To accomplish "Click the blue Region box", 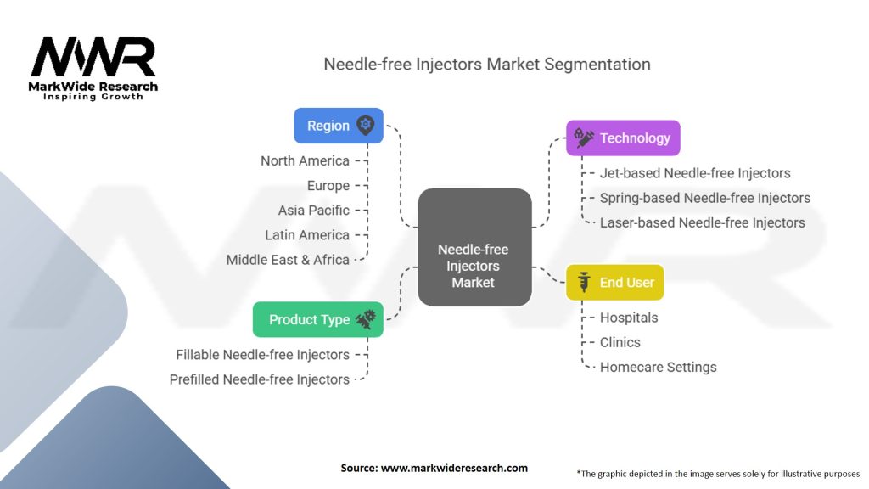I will tap(338, 126).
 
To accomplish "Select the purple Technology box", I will tap(623, 138).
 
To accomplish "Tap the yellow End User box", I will tap(614, 283).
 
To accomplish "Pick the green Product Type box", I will tap(317, 320).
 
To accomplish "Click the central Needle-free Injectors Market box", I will tap(473, 265).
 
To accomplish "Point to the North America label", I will tap(305, 160).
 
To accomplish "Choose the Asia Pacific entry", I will tap(313, 210).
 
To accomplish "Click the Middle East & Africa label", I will tap(288, 260).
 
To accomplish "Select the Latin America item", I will tap(306, 235).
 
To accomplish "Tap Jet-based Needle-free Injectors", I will tap(695, 173).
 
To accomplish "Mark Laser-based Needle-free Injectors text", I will tap(702, 222).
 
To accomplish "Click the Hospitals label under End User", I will tap(629, 318).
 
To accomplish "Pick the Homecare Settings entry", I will tap(658, 368).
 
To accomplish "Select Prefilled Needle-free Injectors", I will tap(259, 379).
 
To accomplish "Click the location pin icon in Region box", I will tap(365, 126).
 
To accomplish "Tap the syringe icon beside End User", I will tap(583, 283).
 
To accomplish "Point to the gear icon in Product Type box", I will tap(365, 319).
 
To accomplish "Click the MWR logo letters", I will tap(93, 58).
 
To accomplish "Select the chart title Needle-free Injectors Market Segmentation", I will tap(487, 65).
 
